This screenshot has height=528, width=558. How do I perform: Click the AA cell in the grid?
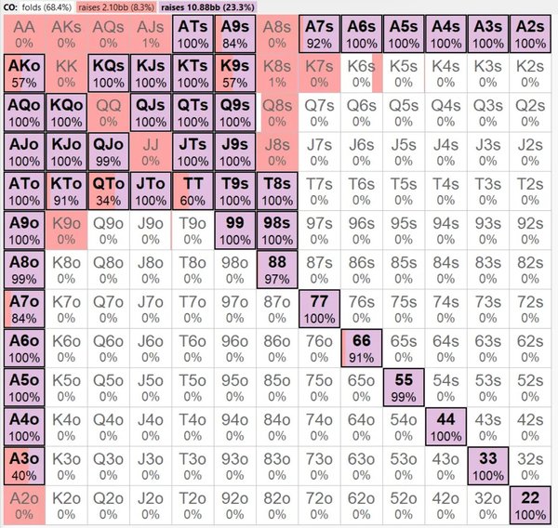coord(22,33)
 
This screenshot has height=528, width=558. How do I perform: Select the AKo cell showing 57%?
coord(22,73)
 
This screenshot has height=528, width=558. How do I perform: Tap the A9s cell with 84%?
coord(235,33)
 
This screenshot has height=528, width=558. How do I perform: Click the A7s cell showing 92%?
coord(320,33)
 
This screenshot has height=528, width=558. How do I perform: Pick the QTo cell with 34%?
coord(108,191)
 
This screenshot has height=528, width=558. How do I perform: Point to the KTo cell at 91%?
coord(65,191)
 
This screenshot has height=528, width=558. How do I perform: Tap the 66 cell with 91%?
coord(363,348)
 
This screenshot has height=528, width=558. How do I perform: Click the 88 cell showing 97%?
coord(278,270)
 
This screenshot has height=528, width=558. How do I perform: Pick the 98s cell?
coord(278,230)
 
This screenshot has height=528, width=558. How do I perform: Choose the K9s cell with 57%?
coord(235,73)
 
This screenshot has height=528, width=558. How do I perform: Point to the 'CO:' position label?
coord(13,7)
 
